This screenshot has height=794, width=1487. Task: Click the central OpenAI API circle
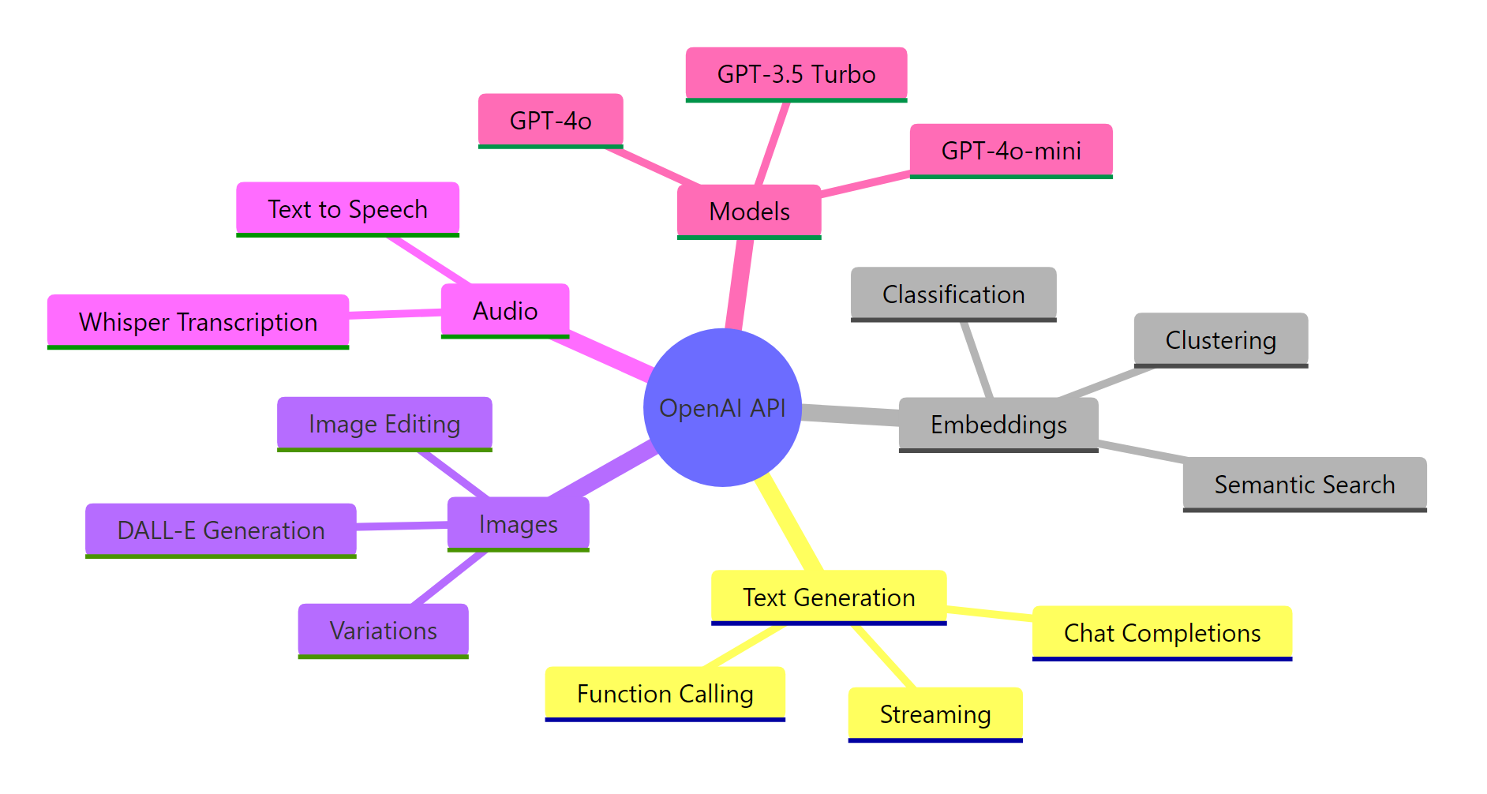pos(722,407)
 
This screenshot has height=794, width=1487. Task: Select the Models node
pos(749,212)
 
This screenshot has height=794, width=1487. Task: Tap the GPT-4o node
pos(550,121)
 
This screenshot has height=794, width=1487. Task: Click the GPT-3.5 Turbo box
pos(796,74)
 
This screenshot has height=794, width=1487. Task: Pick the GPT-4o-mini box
pos(1010,151)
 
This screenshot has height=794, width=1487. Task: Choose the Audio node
pos(504,311)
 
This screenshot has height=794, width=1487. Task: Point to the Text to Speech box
pos(347,209)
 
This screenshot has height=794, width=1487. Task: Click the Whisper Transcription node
pos(197,322)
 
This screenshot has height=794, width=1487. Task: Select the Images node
pos(518,524)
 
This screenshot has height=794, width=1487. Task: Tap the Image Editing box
pos(384,424)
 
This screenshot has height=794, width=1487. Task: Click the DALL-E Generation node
pos(220,530)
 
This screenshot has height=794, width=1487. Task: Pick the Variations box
pos(383,631)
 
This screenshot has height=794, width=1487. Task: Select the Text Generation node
pos(828,597)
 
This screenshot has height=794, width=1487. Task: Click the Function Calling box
pos(665,694)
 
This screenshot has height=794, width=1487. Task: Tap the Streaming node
pos(935,714)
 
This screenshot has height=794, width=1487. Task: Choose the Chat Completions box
pos(1161,633)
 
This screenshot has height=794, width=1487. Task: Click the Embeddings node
pos(998,425)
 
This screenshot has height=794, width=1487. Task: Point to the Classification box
pos(953,294)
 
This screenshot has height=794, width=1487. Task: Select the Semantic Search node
pos(1304,485)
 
